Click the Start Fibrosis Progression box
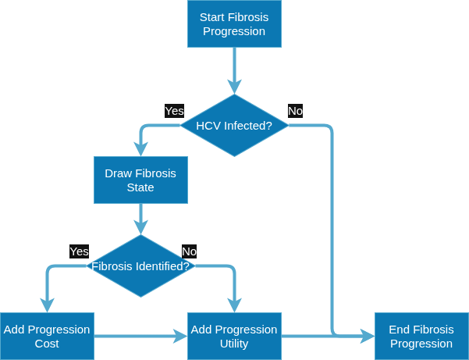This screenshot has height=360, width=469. click(234, 23)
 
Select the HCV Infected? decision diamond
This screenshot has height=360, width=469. click(234, 126)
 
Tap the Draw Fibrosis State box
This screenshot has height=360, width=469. click(140, 180)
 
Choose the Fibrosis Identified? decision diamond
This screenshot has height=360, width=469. click(140, 266)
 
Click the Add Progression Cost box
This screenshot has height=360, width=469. click(47, 336)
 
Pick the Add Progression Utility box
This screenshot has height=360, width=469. click(234, 336)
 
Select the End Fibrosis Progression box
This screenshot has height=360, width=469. click(421, 336)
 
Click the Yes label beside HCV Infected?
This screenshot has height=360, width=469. click(174, 111)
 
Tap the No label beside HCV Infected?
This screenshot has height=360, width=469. click(295, 111)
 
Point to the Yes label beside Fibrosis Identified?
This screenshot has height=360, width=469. click(80, 251)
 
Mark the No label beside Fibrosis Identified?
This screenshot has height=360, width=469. click(190, 251)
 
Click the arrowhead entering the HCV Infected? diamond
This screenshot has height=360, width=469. click(234, 87)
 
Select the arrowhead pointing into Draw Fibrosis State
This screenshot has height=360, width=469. click(140, 149)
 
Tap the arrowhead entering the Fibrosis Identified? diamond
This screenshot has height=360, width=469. click(140, 227)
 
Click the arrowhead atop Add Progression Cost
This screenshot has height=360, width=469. click(47, 305)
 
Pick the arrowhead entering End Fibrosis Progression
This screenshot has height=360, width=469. click(368, 336)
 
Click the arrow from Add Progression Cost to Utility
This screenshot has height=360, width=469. click(141, 336)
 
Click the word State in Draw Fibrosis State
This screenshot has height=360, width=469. click(140, 187)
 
